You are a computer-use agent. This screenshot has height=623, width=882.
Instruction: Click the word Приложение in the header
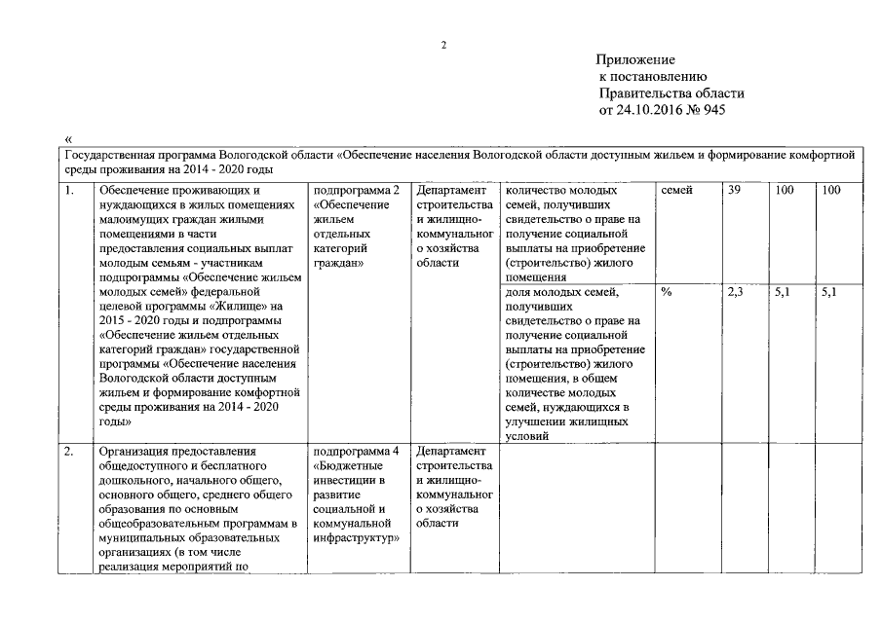(x=636, y=60)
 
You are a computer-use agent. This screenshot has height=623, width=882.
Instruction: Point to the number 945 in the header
(x=713, y=110)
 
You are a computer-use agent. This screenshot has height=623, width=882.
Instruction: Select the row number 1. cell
(x=71, y=191)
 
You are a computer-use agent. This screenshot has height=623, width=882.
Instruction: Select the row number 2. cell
(x=71, y=452)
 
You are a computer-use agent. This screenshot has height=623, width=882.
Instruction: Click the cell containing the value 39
(x=735, y=191)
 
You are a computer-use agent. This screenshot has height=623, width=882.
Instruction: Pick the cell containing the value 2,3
(x=735, y=292)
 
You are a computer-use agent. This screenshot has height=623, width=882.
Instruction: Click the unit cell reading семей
(x=677, y=191)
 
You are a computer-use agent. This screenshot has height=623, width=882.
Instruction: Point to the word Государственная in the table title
(x=107, y=155)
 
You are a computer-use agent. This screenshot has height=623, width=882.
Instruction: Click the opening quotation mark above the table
(x=66, y=139)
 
